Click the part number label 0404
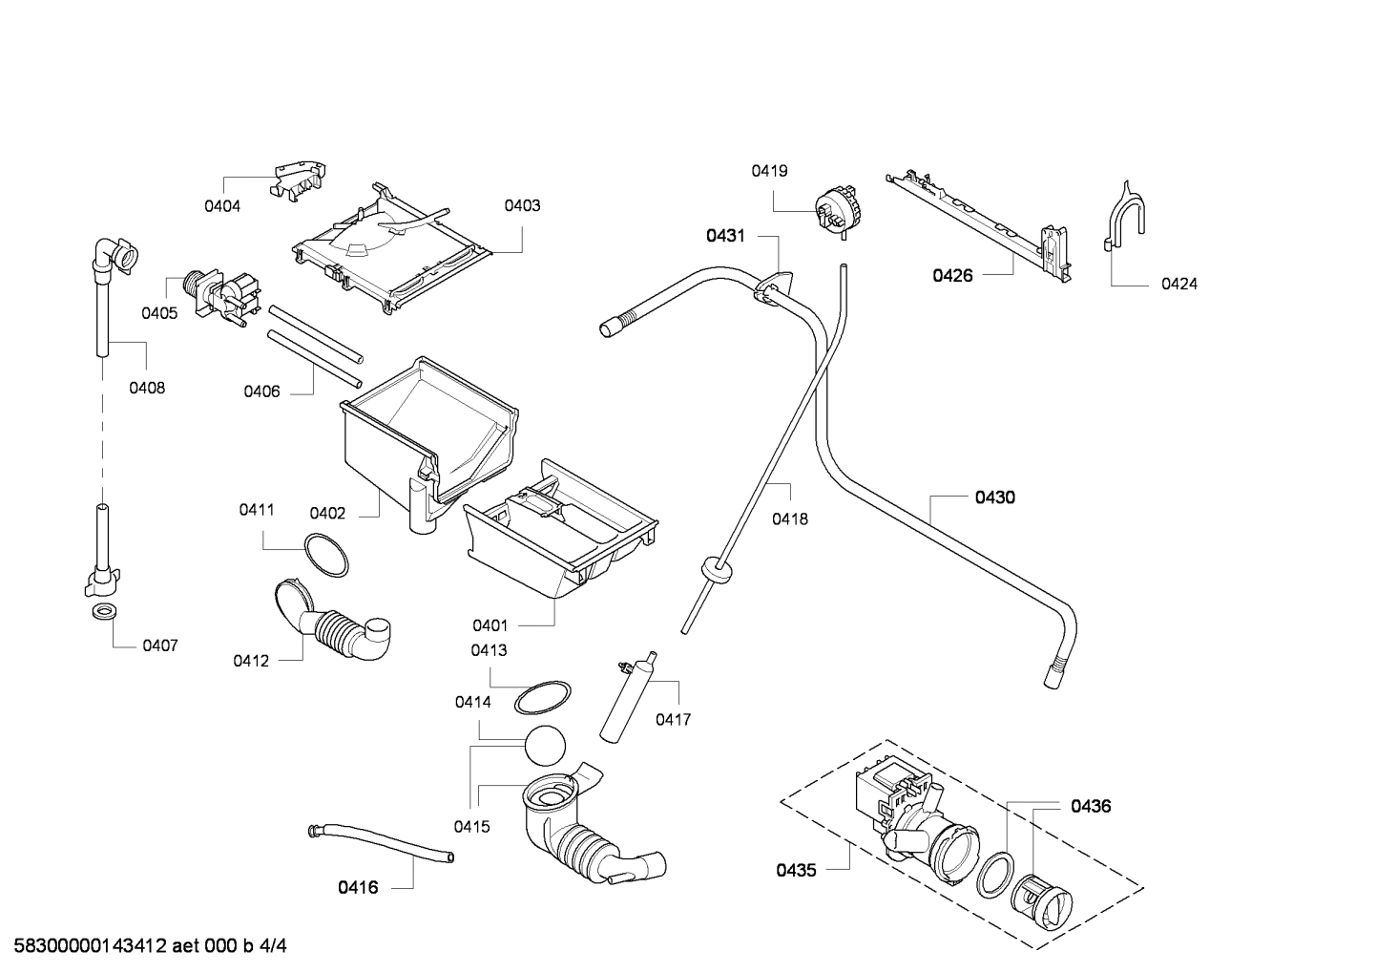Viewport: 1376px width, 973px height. (x=222, y=205)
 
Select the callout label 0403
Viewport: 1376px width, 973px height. (x=522, y=205)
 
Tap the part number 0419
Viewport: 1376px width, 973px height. (x=769, y=171)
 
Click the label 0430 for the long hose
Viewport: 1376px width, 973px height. (x=994, y=497)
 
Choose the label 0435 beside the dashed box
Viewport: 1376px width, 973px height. (x=796, y=870)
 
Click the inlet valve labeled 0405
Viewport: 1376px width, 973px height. (x=226, y=295)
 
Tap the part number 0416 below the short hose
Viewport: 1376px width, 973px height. (x=358, y=887)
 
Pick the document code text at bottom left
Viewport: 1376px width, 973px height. (x=144, y=946)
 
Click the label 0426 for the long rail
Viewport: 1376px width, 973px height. (x=952, y=276)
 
